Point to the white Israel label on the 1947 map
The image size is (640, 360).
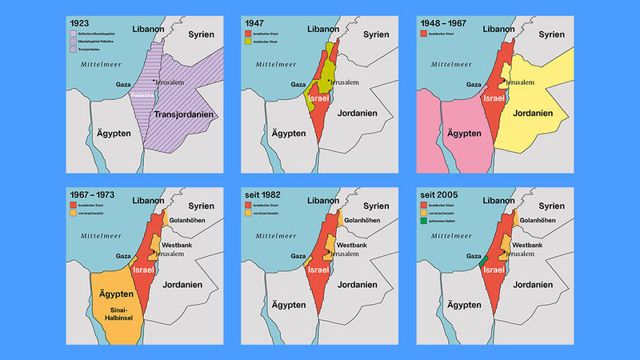click(319, 98)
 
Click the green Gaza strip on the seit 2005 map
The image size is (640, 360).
click(482, 261)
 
